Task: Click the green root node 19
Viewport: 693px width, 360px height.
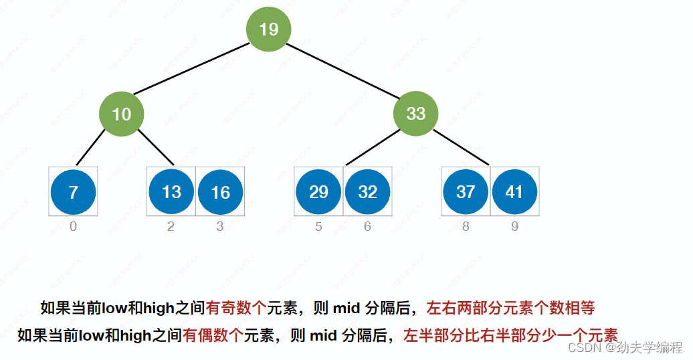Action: pos(268,29)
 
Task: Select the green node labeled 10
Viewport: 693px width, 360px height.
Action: pos(122,114)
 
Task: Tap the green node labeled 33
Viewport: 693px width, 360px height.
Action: pos(415,114)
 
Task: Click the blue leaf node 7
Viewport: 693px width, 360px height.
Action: pos(73,192)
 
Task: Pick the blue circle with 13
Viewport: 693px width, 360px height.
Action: pos(171,192)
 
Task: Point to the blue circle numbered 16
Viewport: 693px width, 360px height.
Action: pos(220,192)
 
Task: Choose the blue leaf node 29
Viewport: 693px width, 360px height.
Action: pos(318,192)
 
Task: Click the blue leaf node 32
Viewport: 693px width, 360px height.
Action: pos(367,192)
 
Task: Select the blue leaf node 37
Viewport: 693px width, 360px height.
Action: pos(466,192)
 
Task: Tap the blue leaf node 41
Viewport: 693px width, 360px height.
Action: pos(514,192)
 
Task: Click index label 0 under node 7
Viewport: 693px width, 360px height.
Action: pos(73,227)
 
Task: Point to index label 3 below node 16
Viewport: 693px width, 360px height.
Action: pos(220,227)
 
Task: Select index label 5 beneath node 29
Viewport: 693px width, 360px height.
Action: pos(318,227)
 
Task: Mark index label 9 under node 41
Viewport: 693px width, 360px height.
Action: pos(514,227)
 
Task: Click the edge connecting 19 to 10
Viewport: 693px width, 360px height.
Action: pos(194,70)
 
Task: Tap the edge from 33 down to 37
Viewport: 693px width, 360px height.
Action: pos(462,148)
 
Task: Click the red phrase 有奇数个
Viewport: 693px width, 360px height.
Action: pos(236,308)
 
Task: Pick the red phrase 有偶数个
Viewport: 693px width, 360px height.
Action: pos(213,335)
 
